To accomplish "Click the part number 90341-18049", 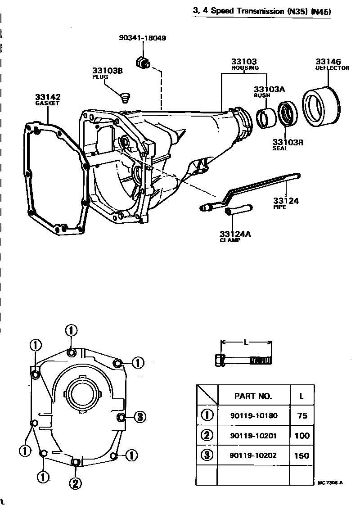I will point(143,38).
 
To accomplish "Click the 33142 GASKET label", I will point(47,99).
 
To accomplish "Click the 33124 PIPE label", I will point(286,203).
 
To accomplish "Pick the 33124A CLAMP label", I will point(234,236).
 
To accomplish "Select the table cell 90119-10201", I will point(253,435).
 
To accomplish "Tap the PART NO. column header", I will point(253,396).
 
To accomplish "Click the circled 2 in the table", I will point(207,435).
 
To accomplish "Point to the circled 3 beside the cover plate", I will point(139,417).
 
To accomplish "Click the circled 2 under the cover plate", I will point(75,483).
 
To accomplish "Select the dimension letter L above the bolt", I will point(246,343).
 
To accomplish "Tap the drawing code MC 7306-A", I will point(330,483).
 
